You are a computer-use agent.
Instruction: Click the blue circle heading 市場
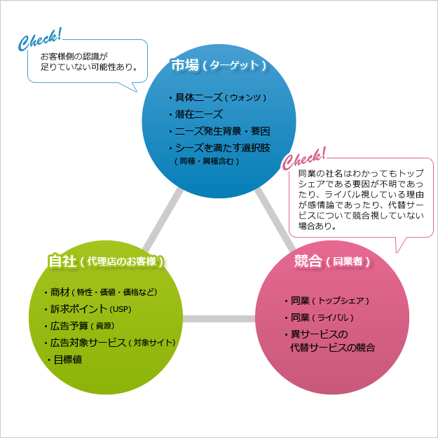pyautogui.click(x=219, y=66)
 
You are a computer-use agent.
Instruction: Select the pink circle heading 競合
pyautogui.click(x=331, y=261)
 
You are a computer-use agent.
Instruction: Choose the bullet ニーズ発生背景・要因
pyautogui.click(x=221, y=131)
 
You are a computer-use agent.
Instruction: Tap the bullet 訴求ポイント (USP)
pyautogui.click(x=91, y=309)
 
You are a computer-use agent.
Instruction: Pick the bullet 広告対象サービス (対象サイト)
pyautogui.click(x=112, y=343)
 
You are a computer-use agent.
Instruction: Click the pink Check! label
pyautogui.click(x=304, y=158)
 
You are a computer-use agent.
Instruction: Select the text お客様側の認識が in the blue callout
pyautogui.click(x=74, y=56)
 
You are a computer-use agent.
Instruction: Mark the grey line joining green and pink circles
pyautogui.click(x=218, y=319)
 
